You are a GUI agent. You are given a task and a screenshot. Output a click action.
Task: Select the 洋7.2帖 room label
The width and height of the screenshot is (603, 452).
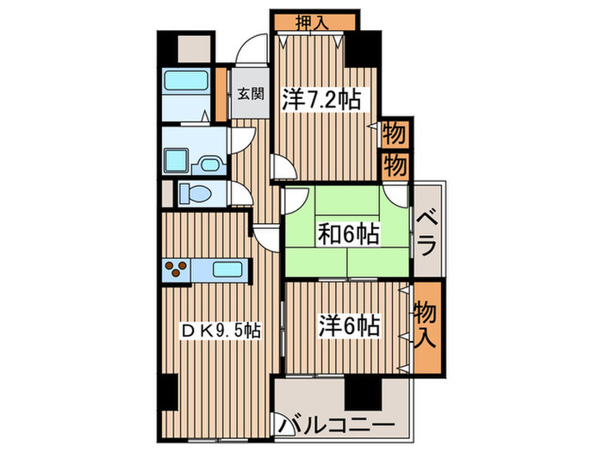[x=319, y=100]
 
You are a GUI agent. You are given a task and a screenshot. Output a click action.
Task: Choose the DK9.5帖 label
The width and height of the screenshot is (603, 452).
[x=220, y=331]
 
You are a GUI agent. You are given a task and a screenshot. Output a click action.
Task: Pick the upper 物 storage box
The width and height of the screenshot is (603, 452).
[x=394, y=135]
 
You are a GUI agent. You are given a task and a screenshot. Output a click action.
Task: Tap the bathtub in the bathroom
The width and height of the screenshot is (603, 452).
[x=188, y=84]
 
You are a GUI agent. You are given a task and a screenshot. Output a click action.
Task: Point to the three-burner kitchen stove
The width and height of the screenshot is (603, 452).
[x=178, y=269]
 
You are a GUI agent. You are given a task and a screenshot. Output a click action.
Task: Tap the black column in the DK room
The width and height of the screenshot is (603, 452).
[x=168, y=395]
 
